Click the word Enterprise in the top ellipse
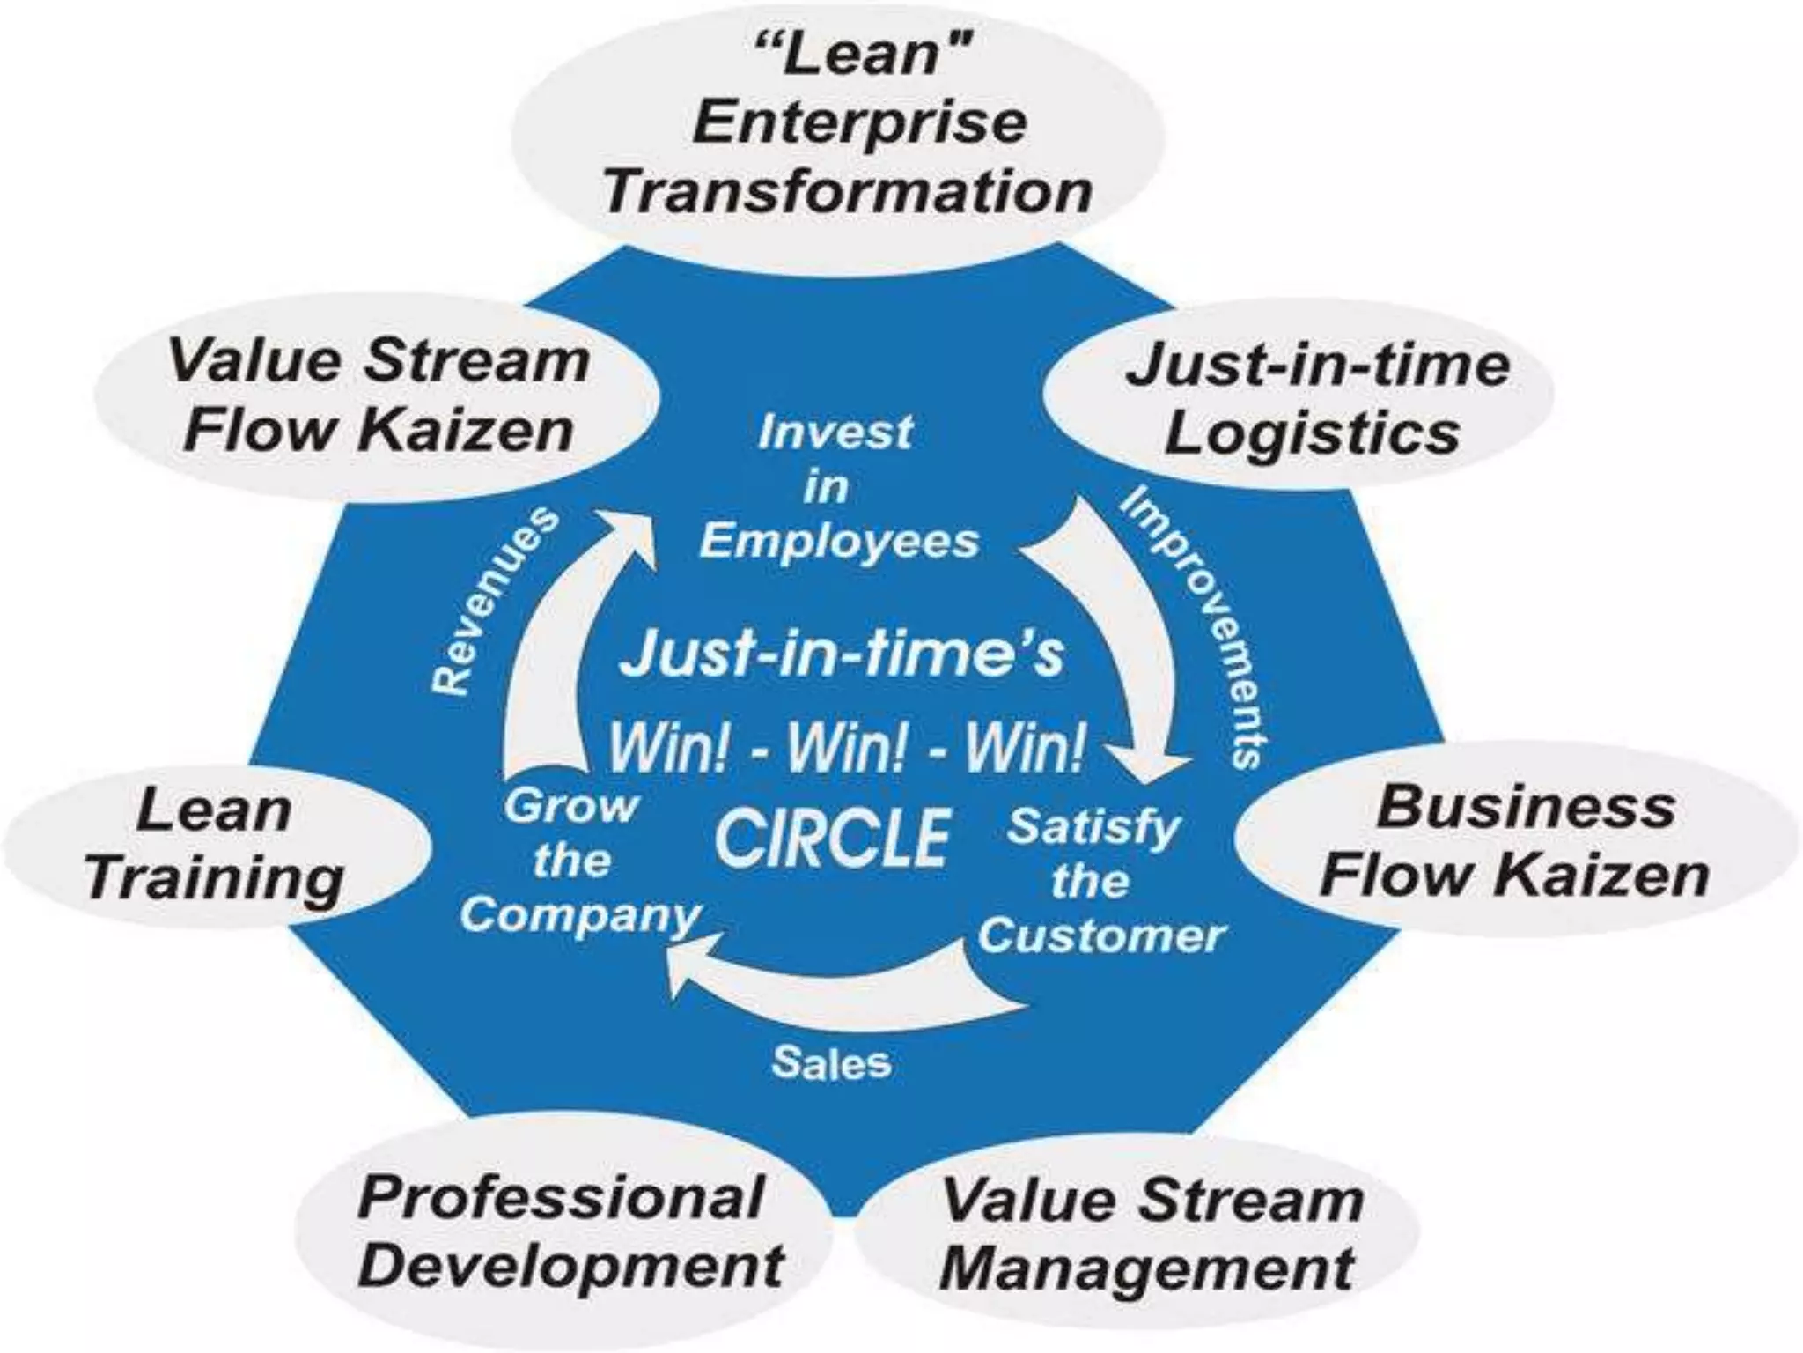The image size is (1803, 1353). point(859,123)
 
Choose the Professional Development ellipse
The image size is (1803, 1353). point(568,1233)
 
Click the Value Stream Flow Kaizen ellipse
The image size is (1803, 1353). point(379,396)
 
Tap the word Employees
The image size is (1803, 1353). point(839,541)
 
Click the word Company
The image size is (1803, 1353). point(579,916)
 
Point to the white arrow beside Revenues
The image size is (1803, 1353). point(563,634)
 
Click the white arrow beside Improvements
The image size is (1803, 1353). point(1118,652)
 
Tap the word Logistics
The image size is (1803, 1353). point(1312,433)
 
